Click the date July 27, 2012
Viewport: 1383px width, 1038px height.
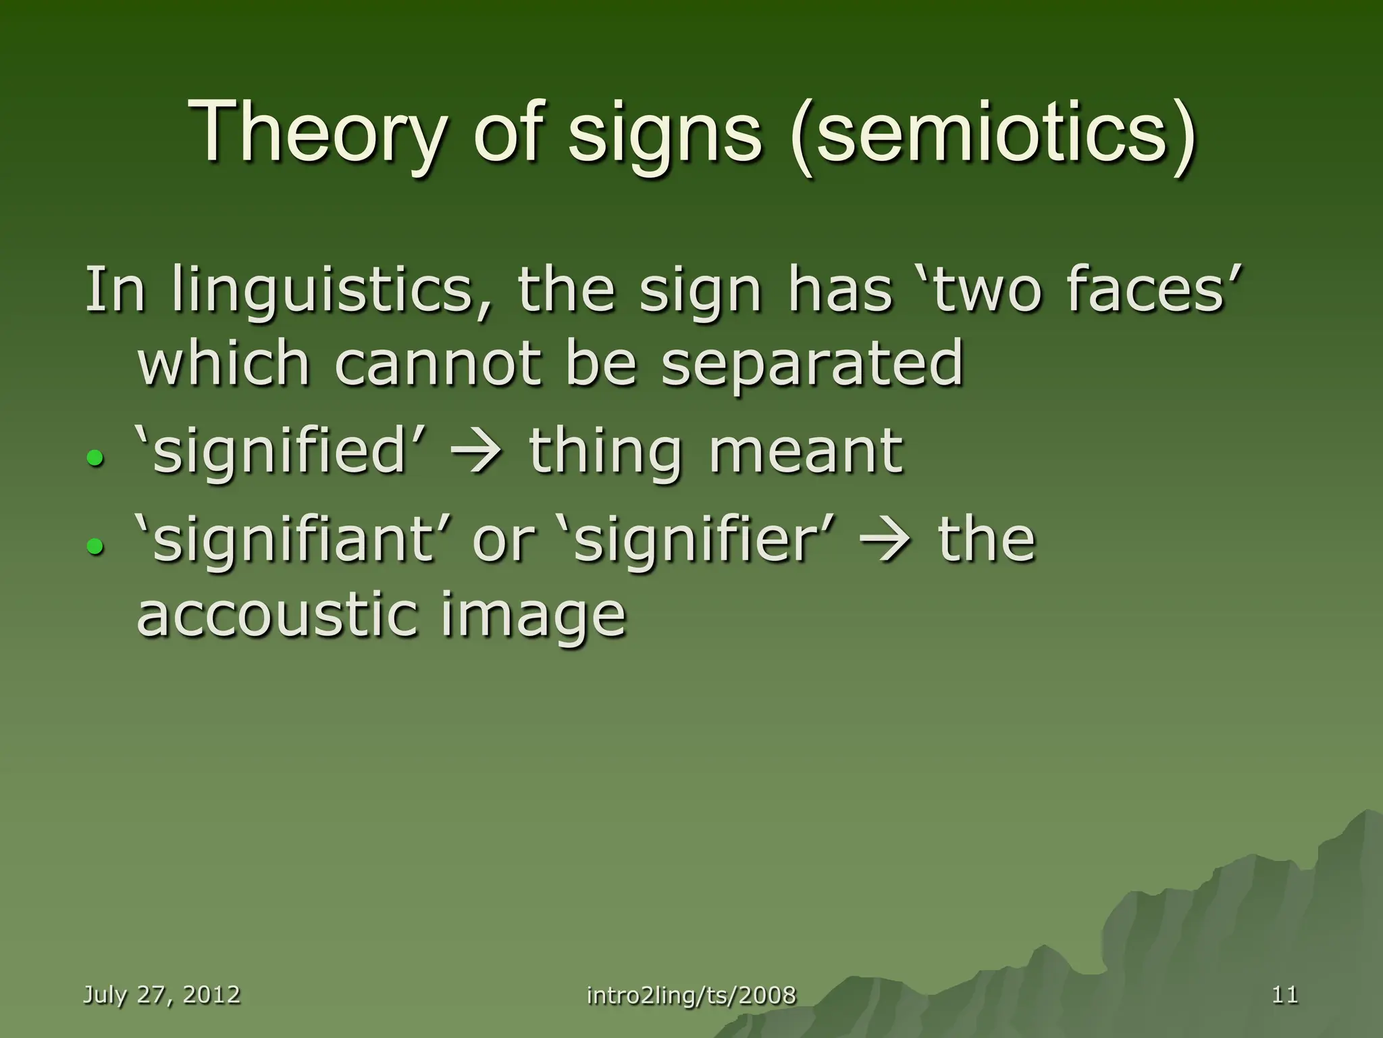click(161, 994)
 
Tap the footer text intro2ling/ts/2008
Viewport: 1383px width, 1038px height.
click(691, 995)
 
